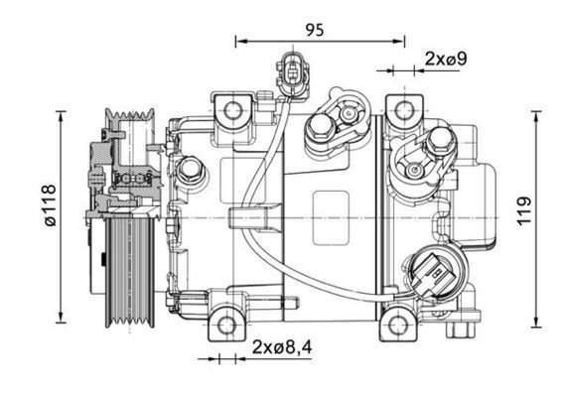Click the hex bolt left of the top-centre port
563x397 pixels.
pos(321,127)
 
